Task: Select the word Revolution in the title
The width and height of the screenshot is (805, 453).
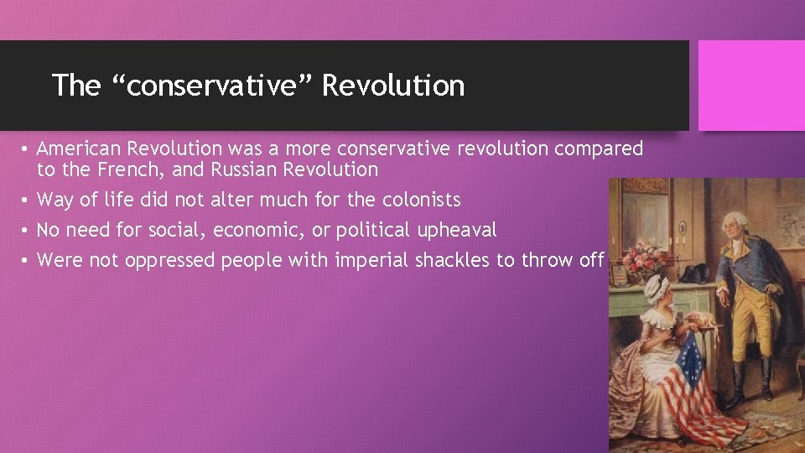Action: (393, 86)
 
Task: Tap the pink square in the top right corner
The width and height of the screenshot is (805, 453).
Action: (751, 86)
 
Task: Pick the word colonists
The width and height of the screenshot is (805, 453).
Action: (422, 200)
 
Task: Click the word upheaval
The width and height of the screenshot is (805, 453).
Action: (457, 230)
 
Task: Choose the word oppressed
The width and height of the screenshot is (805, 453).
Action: (170, 260)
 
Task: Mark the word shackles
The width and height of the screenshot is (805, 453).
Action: (451, 260)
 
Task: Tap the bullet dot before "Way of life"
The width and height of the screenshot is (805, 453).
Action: (27, 200)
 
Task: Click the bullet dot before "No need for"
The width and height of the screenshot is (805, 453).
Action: (27, 231)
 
